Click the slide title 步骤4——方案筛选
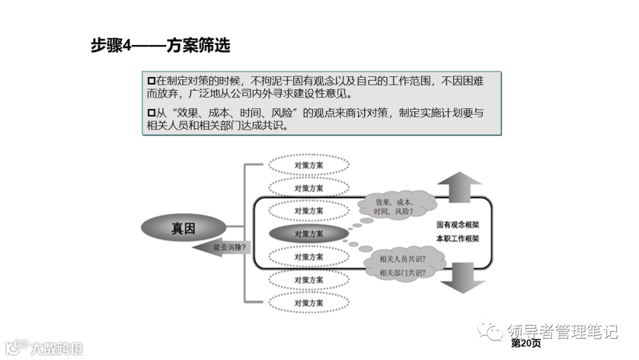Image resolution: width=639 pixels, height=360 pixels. [x=160, y=46]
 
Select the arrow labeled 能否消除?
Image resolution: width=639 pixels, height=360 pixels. [x=224, y=246]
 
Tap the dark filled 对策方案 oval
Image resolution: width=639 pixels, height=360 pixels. [x=309, y=234]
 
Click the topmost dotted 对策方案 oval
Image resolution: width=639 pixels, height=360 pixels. [x=309, y=165]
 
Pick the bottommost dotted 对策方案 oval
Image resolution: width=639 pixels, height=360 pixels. [x=309, y=303]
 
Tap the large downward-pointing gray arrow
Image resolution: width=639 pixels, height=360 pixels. [x=463, y=278]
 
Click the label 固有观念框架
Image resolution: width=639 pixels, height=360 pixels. [x=458, y=226]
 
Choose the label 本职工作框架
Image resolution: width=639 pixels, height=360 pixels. [x=458, y=239]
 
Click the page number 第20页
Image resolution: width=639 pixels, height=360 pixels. [x=525, y=343]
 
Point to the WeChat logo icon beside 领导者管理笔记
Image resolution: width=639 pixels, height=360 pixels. [x=490, y=331]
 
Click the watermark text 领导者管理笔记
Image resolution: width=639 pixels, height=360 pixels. [x=562, y=331]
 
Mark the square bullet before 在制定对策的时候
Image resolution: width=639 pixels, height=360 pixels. [x=151, y=81]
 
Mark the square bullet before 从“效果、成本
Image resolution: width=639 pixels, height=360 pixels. [x=151, y=113]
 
